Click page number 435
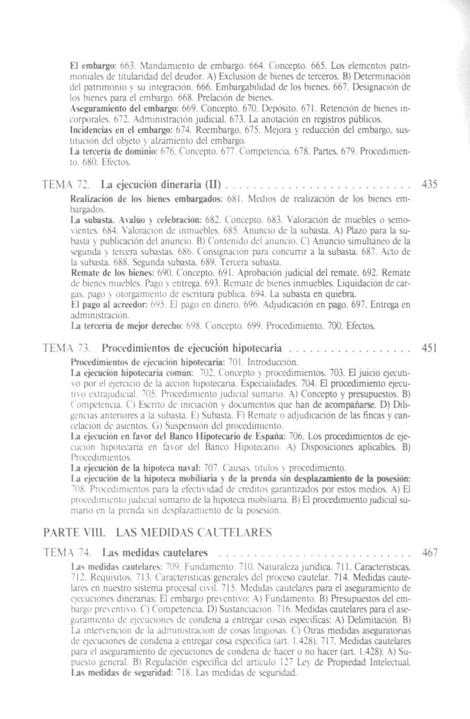click(429, 185)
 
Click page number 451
click(429, 349)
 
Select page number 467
click(429, 553)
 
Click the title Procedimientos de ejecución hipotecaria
click(192, 349)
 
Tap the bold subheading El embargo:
click(86, 65)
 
